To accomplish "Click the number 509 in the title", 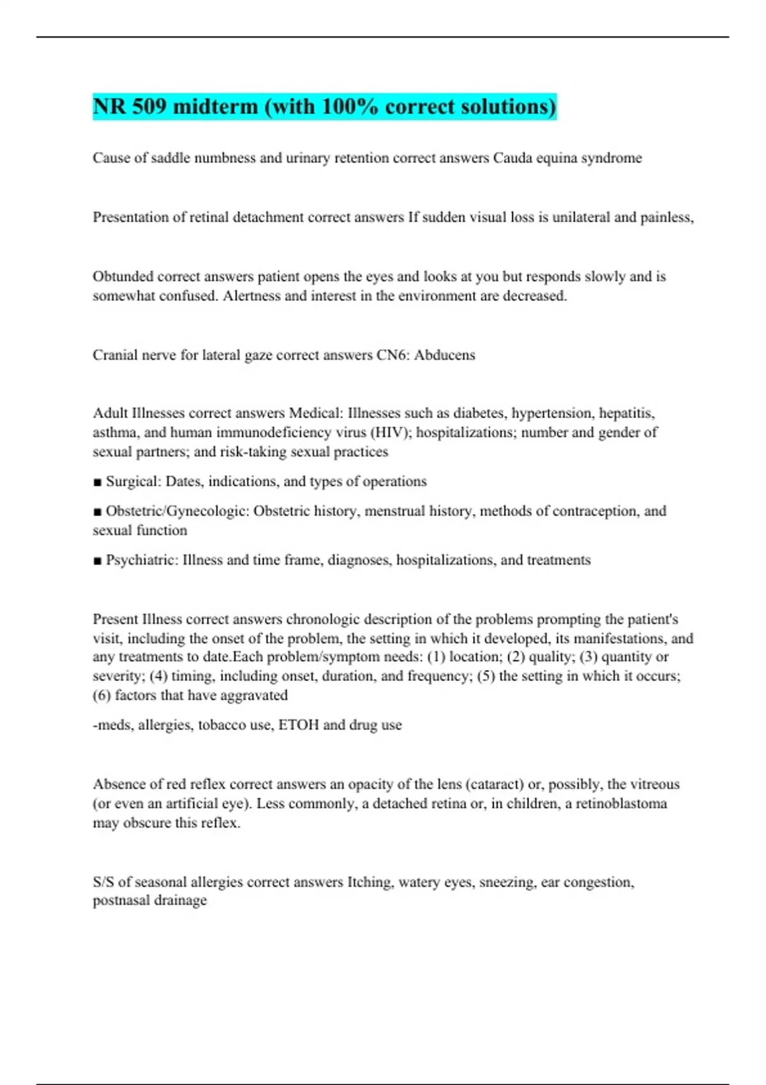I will tap(149, 106).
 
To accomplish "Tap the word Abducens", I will tap(444, 355).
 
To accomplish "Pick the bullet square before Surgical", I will tap(97, 482).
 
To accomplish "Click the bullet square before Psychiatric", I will tap(97, 560).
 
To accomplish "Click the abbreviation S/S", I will tap(103, 882).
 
